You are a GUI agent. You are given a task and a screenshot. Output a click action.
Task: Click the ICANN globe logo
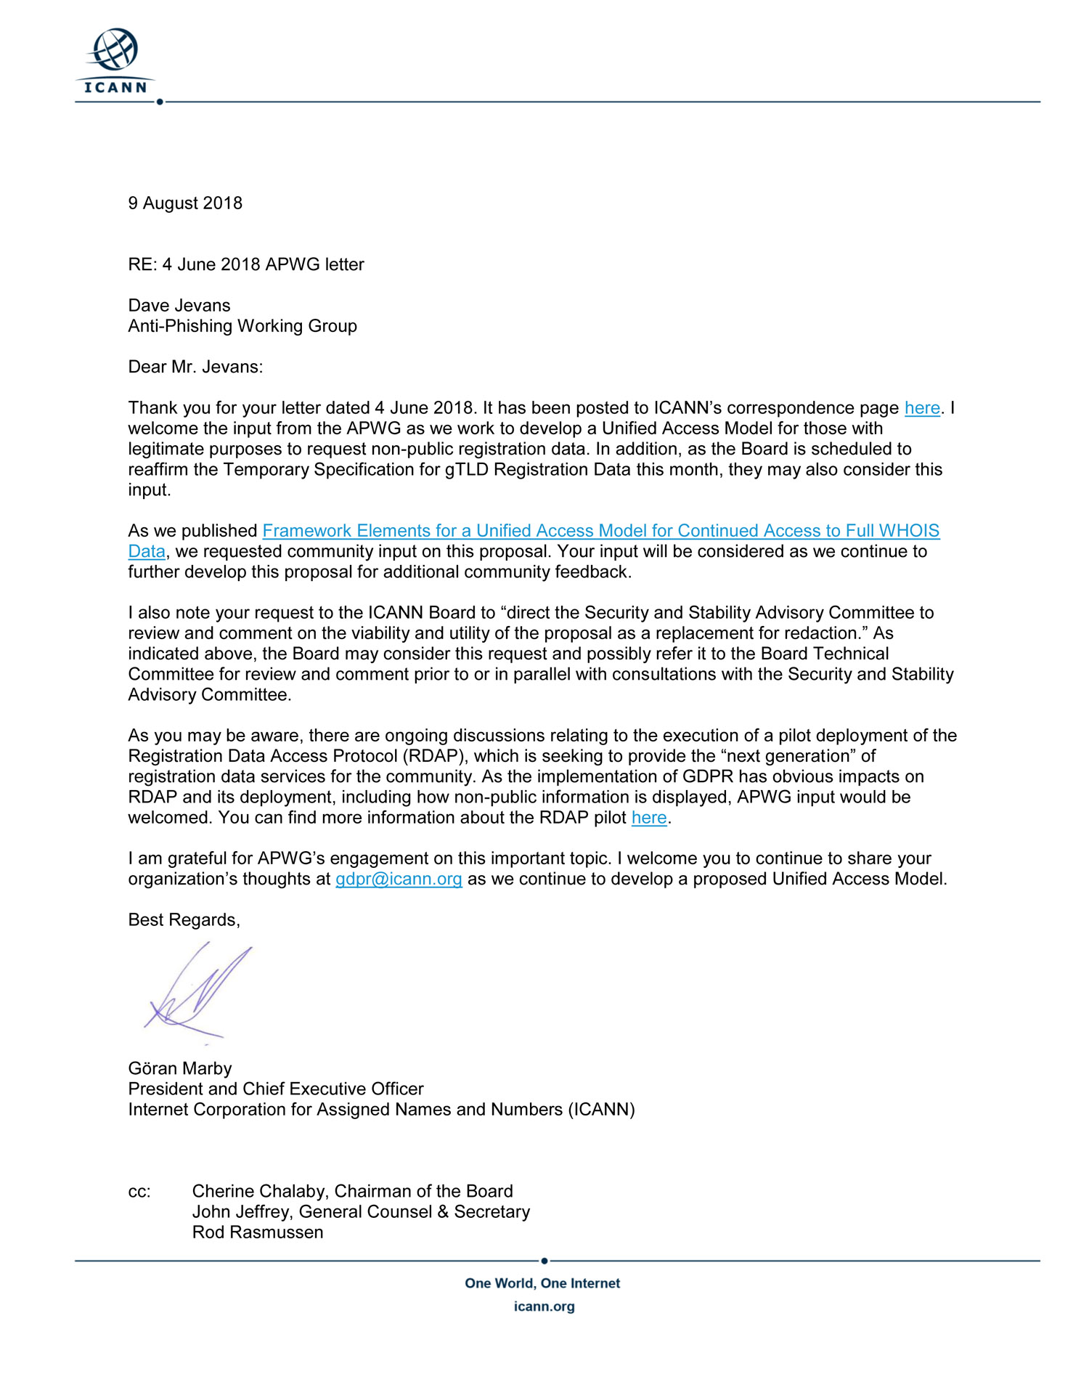(115, 61)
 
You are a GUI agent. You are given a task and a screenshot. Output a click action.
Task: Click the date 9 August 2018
(185, 203)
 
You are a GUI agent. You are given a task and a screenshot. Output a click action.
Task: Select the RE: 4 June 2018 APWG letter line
(246, 264)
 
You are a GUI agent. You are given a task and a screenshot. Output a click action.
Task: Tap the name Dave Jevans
(179, 306)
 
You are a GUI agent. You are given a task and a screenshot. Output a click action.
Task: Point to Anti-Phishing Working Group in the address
(242, 326)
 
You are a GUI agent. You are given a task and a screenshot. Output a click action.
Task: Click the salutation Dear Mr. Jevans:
(195, 367)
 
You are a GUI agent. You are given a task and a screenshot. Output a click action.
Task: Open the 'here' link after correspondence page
(922, 408)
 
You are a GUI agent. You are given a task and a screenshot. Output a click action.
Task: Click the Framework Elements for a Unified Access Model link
(600, 531)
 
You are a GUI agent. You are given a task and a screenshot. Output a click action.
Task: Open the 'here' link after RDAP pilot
(649, 818)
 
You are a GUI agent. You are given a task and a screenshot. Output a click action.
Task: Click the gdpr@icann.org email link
(399, 879)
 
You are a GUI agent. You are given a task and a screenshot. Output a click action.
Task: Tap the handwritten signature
(196, 992)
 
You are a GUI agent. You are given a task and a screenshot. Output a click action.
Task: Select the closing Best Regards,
(184, 920)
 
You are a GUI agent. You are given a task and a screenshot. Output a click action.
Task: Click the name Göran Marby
(180, 1068)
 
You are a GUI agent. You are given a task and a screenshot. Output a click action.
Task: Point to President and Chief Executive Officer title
(276, 1089)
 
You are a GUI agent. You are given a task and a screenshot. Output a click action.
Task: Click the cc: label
(139, 1192)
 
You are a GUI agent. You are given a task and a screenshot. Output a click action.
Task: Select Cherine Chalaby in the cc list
(259, 1192)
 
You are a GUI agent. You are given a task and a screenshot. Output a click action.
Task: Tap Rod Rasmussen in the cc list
(258, 1232)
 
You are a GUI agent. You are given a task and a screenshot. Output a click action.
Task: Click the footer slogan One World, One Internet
(542, 1283)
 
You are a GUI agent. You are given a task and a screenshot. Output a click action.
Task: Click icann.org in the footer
(544, 1306)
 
